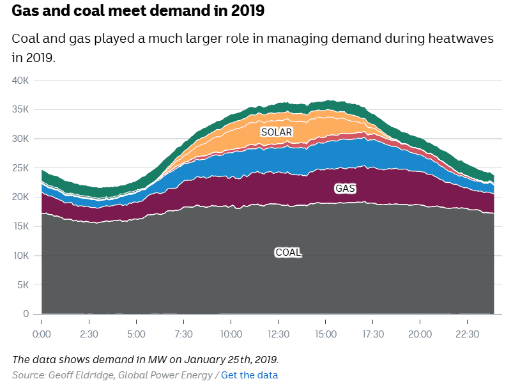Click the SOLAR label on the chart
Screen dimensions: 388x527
(277, 132)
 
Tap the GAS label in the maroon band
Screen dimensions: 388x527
(345, 189)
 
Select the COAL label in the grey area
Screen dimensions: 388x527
(288, 252)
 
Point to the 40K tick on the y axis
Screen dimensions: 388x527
(21, 81)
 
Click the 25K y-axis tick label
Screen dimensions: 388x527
(21, 168)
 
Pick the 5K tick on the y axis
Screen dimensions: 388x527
(24, 284)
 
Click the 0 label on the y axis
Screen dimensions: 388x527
(26, 314)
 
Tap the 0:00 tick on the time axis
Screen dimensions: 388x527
(42, 334)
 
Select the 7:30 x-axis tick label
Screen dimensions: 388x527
(183, 334)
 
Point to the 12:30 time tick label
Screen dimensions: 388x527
(279, 334)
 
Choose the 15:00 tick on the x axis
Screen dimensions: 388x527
(326, 334)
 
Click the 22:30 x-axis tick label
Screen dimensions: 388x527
(468, 334)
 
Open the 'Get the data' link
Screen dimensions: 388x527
(250, 375)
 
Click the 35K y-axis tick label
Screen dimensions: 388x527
(21, 109)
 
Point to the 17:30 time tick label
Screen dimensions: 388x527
(373, 334)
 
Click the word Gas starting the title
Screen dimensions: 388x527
(26, 12)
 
